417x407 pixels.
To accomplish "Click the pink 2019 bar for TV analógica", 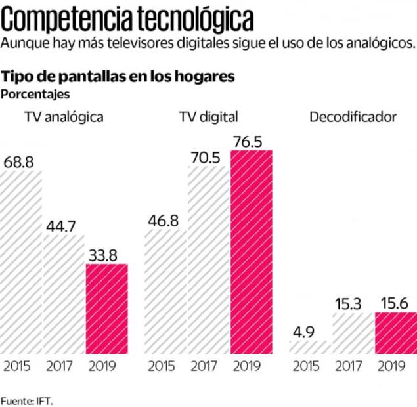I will (107, 309).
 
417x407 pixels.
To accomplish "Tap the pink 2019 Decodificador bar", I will (395, 333).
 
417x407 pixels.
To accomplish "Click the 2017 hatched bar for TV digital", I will (208, 259).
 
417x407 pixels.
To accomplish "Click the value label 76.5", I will (251, 141).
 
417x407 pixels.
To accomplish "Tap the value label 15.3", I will (351, 304).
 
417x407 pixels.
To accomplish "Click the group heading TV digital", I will (208, 117).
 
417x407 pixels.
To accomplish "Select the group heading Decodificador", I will (353, 117).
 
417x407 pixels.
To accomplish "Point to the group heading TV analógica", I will (64, 117).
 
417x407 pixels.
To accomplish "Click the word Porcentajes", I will (35, 94).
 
